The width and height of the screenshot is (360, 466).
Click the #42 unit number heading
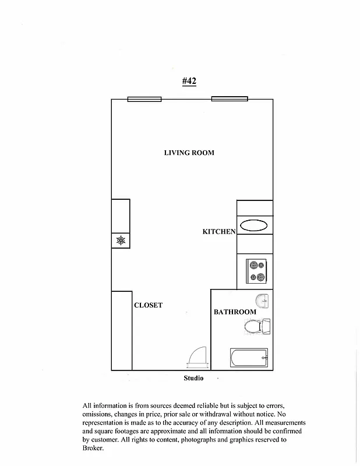pos(189,82)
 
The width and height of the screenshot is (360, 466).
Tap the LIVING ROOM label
pos(189,153)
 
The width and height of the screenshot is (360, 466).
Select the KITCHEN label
pos(218,232)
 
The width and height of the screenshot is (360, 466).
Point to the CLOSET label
pos(148,305)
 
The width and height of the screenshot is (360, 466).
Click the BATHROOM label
pos(235,312)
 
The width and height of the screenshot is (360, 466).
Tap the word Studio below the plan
pos(193,379)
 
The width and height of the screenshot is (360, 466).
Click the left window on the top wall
pos(144,99)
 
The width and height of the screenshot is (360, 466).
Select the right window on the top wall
pos(230,99)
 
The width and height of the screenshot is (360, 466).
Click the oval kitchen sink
pos(254,225)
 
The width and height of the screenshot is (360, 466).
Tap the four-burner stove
pos(257,270)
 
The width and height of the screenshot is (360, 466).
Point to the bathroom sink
pos(263,301)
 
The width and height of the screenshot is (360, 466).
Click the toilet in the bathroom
pos(257,327)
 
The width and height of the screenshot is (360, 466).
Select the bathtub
pos(249,357)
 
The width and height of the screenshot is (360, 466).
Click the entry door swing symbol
pos(196,358)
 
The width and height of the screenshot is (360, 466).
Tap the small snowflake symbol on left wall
pos(121,240)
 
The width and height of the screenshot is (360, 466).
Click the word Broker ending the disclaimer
pos(93,449)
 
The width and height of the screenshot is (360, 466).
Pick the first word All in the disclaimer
pos(87,405)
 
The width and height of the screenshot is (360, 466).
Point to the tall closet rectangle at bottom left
pos(121,330)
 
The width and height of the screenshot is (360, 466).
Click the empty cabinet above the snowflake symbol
pos(121,216)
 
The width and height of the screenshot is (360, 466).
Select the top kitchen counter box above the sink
pos(255,207)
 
